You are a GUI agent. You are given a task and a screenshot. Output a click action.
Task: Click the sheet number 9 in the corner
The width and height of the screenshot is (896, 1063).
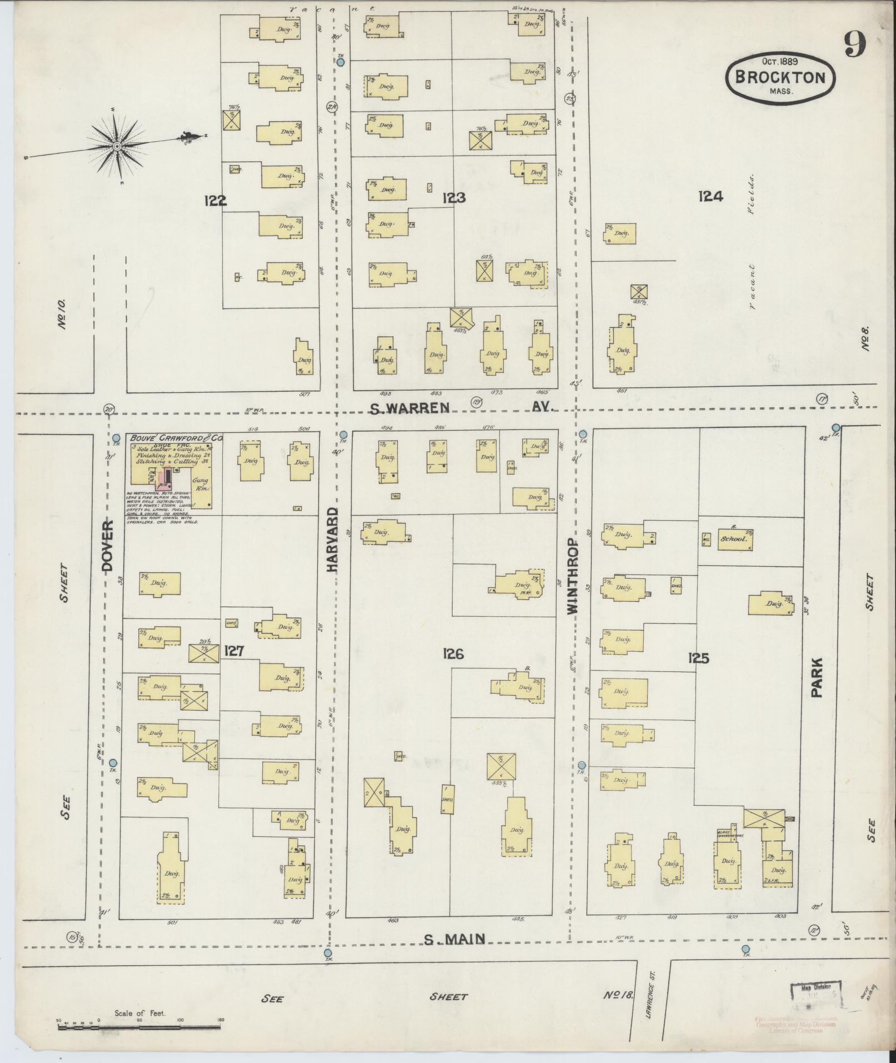[855, 44]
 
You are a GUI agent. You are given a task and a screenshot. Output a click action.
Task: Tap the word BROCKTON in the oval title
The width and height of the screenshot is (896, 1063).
[779, 77]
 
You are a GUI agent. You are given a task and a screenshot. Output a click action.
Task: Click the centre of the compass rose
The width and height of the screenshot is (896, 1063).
[117, 146]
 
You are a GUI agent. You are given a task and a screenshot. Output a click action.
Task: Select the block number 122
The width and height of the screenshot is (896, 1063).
[215, 201]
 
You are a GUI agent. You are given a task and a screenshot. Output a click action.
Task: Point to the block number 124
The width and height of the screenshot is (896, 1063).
[710, 196]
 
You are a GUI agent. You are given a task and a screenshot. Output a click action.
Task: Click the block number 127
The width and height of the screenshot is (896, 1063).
[234, 651]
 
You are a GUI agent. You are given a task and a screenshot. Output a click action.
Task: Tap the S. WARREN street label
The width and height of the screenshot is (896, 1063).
[409, 408]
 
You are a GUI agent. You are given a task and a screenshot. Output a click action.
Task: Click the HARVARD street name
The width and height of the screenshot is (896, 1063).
[332, 540]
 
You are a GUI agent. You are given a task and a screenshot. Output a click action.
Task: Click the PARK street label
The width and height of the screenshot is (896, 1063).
[816, 678]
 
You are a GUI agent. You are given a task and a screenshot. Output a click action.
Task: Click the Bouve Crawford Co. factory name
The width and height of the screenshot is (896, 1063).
[176, 438]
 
